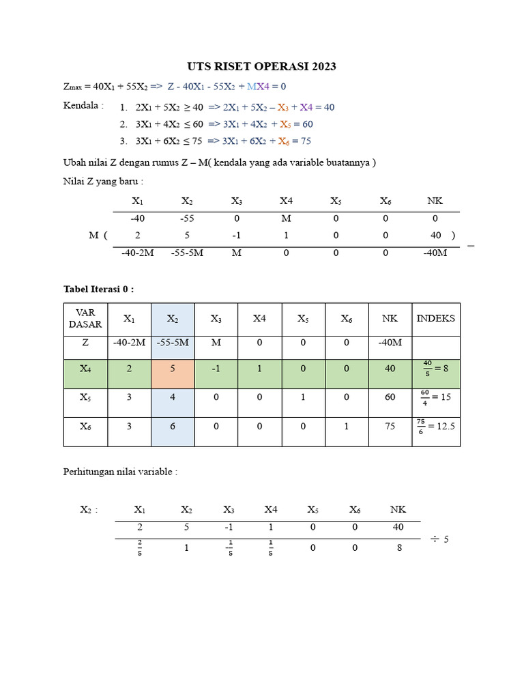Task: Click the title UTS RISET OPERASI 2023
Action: (x=262, y=66)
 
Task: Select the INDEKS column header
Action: (x=435, y=319)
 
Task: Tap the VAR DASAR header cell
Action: (x=85, y=319)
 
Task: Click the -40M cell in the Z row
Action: (x=390, y=343)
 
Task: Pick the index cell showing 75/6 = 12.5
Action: (x=435, y=426)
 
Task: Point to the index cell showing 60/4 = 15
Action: (x=435, y=397)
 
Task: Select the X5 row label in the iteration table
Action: (x=85, y=397)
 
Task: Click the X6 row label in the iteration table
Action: (x=85, y=426)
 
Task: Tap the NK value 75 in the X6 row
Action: (x=390, y=426)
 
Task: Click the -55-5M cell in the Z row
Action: (x=173, y=343)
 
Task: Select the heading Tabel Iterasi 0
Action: (x=98, y=289)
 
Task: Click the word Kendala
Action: (x=83, y=106)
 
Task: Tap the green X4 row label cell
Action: (x=85, y=369)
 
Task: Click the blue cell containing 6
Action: (x=173, y=426)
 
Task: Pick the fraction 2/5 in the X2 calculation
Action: (x=140, y=547)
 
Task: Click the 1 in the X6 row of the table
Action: (x=346, y=426)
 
